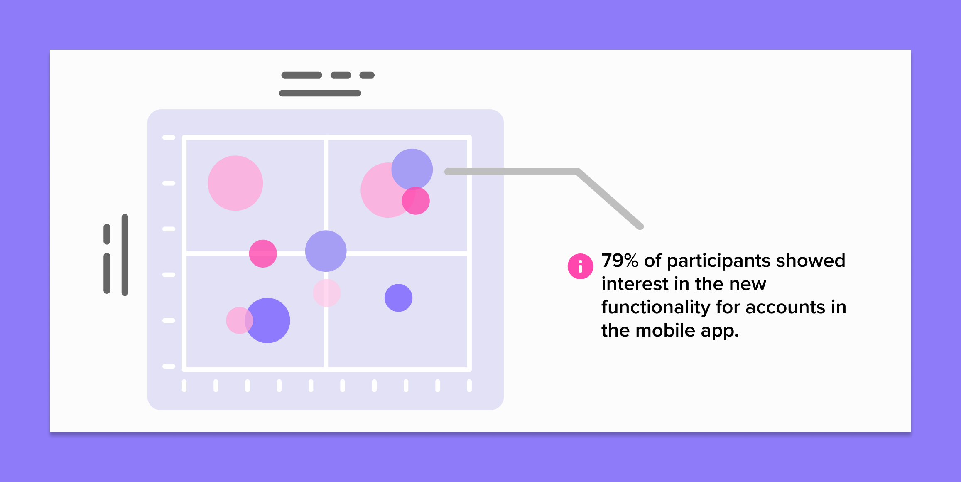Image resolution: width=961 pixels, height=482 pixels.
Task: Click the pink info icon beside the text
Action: tap(580, 266)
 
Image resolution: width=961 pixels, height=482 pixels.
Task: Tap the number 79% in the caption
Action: tap(620, 261)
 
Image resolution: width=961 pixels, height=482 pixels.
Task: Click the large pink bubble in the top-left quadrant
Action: tap(235, 183)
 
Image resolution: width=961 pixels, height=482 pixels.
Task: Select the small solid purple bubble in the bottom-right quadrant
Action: tap(398, 298)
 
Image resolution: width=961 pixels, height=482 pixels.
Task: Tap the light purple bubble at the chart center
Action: tap(326, 251)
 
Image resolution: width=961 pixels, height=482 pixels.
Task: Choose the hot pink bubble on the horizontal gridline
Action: tap(263, 253)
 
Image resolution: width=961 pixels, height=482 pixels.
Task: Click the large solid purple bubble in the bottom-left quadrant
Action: tap(267, 320)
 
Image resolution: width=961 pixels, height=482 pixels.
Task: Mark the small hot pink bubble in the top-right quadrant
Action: tap(416, 201)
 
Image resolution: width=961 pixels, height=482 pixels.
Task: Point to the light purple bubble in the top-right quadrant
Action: tap(412, 170)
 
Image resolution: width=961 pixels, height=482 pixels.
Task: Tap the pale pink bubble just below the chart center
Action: tap(327, 293)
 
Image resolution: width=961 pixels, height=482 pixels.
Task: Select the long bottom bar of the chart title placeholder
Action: tap(320, 93)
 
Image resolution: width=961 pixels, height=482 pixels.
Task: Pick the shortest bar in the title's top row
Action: tap(367, 75)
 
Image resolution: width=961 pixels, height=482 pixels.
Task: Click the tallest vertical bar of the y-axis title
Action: tap(125, 255)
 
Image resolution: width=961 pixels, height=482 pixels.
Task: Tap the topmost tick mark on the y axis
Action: tap(169, 138)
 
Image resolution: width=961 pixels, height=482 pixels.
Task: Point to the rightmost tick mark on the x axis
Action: tap(469, 386)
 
